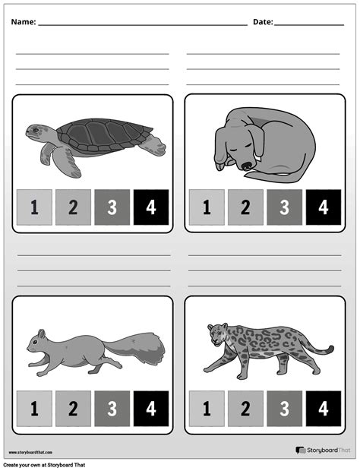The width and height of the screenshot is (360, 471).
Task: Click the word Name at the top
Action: click(23, 22)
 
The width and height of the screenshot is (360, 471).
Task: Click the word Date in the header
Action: click(262, 22)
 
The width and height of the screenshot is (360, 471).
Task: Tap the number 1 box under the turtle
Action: click(34, 207)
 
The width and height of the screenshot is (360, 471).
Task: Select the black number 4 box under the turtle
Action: click(150, 207)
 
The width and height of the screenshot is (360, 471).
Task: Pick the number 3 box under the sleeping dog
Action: click(284, 207)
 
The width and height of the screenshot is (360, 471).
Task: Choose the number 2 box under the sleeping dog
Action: click(245, 207)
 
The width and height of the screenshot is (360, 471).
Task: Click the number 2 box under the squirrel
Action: click(73, 408)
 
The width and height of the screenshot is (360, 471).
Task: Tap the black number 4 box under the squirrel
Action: click(150, 408)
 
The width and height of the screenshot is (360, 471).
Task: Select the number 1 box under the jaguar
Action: click(206, 408)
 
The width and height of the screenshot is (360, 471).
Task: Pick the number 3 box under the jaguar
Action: click(284, 408)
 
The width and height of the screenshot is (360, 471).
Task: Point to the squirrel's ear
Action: click(42, 333)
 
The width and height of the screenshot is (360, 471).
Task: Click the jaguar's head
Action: click(216, 332)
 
